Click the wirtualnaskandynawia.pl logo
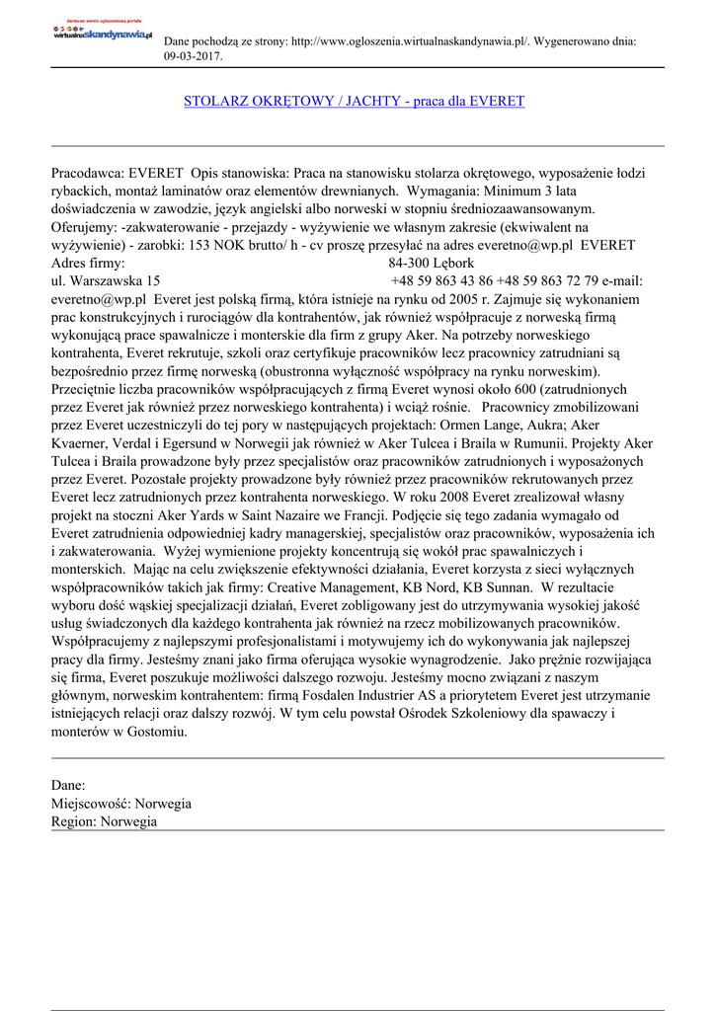click(x=102, y=32)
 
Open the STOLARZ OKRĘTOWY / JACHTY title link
click(x=354, y=101)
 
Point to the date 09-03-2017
click(x=194, y=56)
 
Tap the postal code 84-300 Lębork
click(x=432, y=263)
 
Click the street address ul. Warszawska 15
click(x=106, y=280)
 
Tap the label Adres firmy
click(x=88, y=263)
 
